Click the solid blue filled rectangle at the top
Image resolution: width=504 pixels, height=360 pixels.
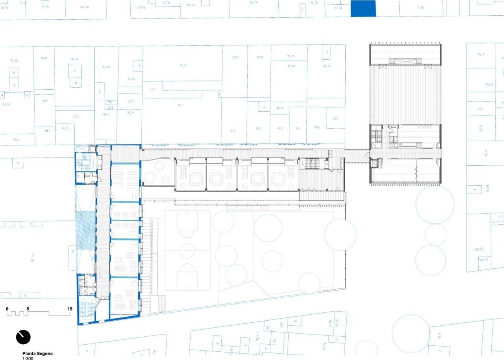pyautogui.click(x=363, y=8)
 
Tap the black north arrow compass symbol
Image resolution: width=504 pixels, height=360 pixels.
pyautogui.click(x=23, y=337)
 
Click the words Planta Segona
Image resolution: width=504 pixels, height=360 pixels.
pyautogui.click(x=37, y=353)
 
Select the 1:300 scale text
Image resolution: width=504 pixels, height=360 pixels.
pyautogui.click(x=28, y=358)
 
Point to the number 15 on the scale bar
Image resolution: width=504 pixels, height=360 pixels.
pyautogui.click(x=70, y=309)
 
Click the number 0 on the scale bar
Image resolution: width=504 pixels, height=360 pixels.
pyautogui.click(x=7, y=309)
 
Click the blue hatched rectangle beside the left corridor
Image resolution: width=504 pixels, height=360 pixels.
pyautogui.click(x=85, y=230)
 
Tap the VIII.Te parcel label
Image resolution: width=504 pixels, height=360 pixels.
pyautogui.click(x=484, y=259)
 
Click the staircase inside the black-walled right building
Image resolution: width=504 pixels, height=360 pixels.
pyautogui.click(x=376, y=136)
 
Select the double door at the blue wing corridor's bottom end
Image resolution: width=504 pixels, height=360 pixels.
pyautogui.click(x=103, y=302)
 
